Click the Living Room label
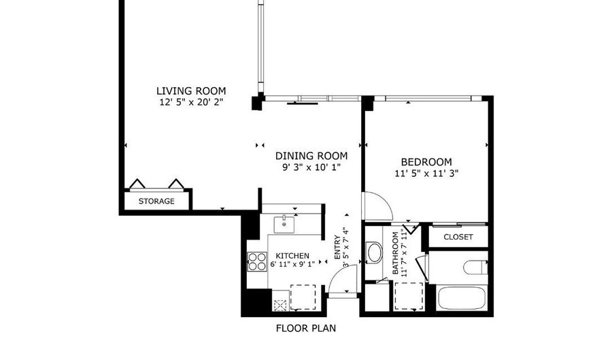[x=191, y=91]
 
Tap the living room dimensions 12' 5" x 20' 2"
[x=191, y=103]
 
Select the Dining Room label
[x=311, y=157]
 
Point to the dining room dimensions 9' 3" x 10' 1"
[x=311, y=167]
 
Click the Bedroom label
[x=426, y=162]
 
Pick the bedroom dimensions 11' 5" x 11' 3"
[x=426, y=174]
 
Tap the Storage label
[x=156, y=201]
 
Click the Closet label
[x=458, y=237]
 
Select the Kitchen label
[x=292, y=256]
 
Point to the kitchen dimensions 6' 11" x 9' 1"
[x=292, y=264]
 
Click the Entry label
[x=337, y=247]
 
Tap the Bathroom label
[x=395, y=253]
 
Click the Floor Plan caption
[x=306, y=329]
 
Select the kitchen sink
[x=284, y=224]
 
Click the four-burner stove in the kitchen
[x=257, y=261]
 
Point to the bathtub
[x=462, y=299]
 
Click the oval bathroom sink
[x=374, y=252]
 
